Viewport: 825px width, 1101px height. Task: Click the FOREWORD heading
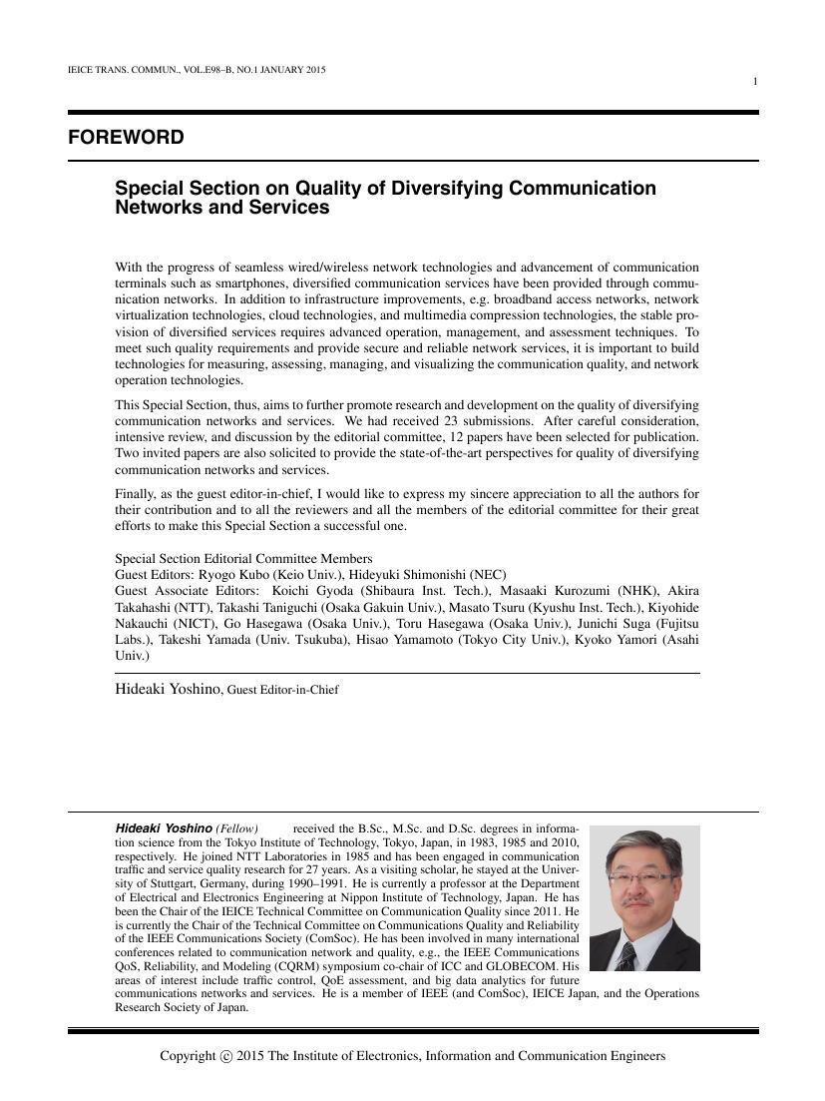126,138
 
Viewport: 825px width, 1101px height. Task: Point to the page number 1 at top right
755,82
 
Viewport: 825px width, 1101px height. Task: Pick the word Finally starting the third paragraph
137,495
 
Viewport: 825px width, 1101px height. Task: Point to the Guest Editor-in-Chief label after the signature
283,689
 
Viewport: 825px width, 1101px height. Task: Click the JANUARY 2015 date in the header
280,70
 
